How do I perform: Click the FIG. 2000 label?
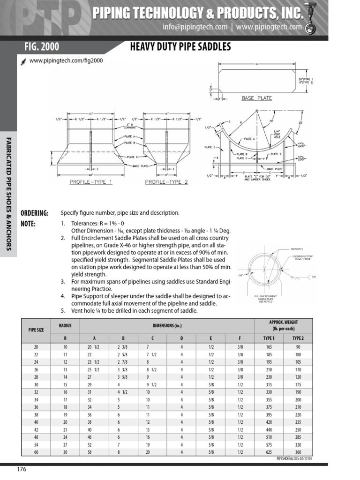(x=42, y=46)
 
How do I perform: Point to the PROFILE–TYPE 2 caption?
(x=166, y=181)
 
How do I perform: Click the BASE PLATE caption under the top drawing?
(x=256, y=98)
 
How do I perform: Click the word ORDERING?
(x=35, y=213)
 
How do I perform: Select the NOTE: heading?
(x=28, y=224)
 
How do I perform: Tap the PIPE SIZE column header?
(x=34, y=330)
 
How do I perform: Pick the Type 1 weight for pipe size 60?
(x=269, y=452)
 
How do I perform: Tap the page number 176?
(x=22, y=470)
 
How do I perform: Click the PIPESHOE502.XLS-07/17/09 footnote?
(x=294, y=460)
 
